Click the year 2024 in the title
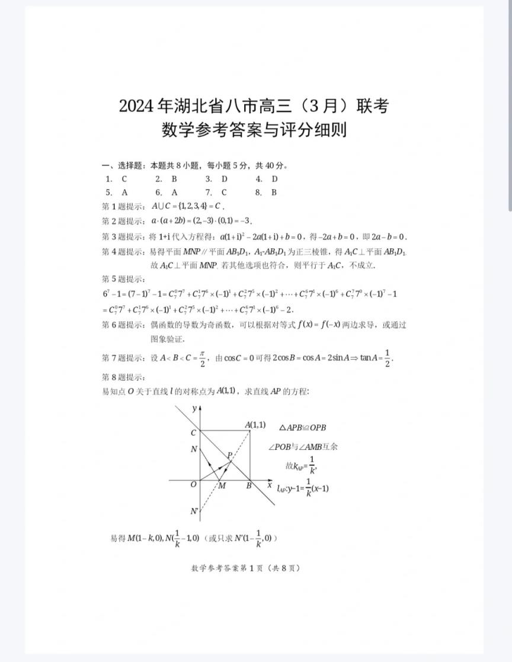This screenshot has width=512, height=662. tap(136, 107)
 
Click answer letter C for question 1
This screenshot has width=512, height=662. tap(124, 179)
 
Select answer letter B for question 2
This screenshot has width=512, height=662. tap(174, 179)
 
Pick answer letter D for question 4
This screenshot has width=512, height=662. tap(275, 179)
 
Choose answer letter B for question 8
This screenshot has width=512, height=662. tap(274, 192)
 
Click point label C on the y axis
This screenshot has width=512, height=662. tap(193, 433)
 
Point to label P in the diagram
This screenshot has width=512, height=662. tap(229, 455)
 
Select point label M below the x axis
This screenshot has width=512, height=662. tap(222, 487)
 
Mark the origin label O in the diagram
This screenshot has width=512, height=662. tap(193, 485)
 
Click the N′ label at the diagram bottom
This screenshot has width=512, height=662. tap(194, 511)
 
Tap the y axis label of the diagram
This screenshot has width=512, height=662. tap(194, 408)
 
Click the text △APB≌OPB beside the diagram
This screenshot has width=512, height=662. tap(302, 428)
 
